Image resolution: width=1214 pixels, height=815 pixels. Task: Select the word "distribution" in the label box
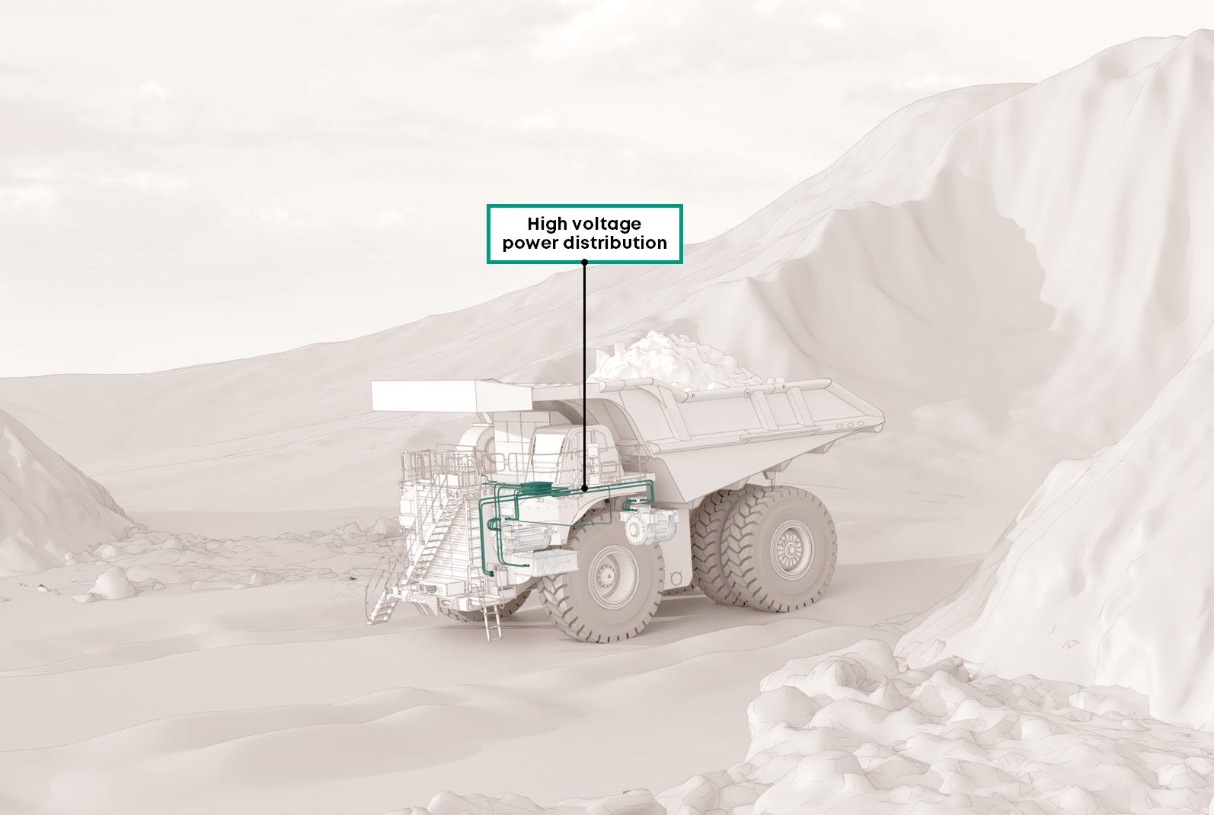(615, 243)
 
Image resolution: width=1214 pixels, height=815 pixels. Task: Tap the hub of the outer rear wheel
(791, 549)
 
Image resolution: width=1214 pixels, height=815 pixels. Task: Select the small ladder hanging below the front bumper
(494, 623)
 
